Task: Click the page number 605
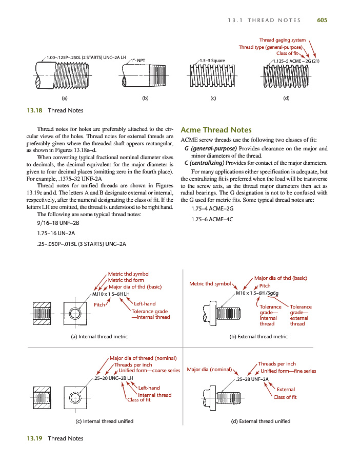click(322, 20)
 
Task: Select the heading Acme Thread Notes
click(216, 130)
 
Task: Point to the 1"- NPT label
click(138, 61)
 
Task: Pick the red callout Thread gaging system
click(282, 40)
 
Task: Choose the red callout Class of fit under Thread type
click(287, 53)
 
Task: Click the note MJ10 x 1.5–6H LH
click(110, 294)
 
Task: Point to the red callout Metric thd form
click(126, 280)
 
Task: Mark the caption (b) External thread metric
click(258, 337)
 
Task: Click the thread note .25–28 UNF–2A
click(252, 379)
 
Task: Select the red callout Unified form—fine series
click(288, 371)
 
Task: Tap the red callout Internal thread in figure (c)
click(154, 395)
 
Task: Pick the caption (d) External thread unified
click(261, 421)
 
